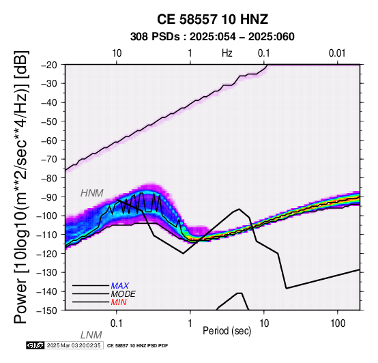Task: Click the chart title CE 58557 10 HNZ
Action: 212,19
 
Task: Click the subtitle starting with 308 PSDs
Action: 212,37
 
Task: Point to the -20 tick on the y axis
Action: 49,65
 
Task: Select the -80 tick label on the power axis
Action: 49,178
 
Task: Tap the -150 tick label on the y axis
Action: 47,310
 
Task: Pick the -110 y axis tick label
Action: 47,235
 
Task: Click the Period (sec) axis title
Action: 227,331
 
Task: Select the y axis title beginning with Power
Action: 21,187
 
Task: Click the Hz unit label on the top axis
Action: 227,53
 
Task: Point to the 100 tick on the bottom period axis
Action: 338,323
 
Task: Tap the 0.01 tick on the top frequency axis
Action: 337,53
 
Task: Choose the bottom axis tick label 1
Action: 190,323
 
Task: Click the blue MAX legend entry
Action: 120,286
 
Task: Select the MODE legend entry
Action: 123,294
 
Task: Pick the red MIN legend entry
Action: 119,302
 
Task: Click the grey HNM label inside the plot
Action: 92,193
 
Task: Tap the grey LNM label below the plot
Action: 91,335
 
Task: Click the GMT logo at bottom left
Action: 35,345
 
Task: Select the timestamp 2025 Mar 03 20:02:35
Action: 74,345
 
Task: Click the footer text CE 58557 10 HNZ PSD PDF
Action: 137,346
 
